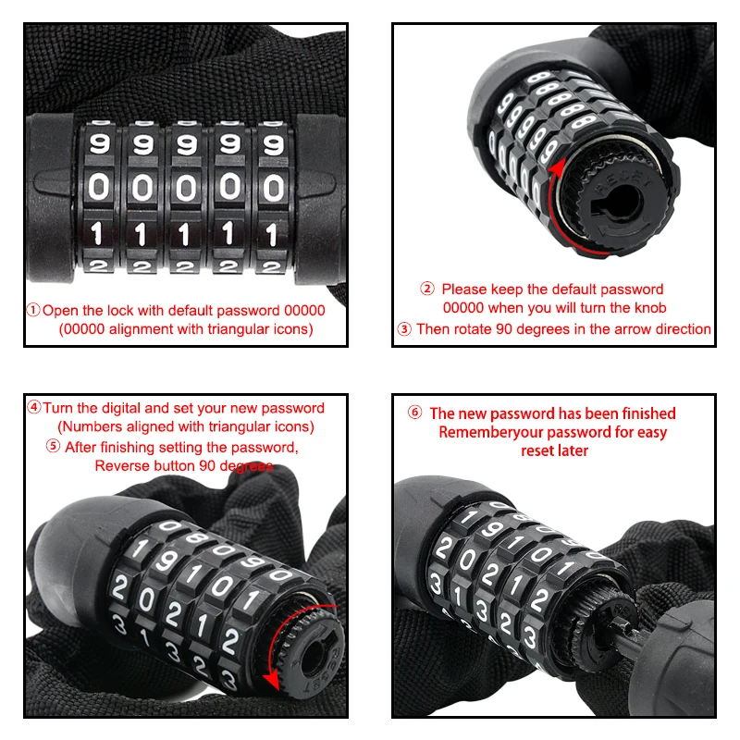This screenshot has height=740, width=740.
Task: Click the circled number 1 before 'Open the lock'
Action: pyautogui.click(x=33, y=311)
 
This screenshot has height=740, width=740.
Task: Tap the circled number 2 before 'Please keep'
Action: pyautogui.click(x=427, y=289)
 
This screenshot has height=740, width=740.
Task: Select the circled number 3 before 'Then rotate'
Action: pyautogui.click(x=404, y=329)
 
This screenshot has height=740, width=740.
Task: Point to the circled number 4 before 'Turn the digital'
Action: pyautogui.click(x=34, y=407)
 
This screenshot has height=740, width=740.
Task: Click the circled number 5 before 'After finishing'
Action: pyautogui.click(x=53, y=446)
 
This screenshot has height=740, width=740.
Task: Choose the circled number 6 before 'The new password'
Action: pyautogui.click(x=414, y=413)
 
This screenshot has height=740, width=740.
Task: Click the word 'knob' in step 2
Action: pyautogui.click(x=650, y=308)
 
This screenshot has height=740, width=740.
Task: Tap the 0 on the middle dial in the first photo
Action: pyautogui.click(x=186, y=188)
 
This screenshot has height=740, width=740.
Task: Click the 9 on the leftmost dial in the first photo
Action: pyautogui.click(x=100, y=143)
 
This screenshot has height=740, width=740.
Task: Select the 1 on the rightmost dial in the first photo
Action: pyautogui.click(x=271, y=235)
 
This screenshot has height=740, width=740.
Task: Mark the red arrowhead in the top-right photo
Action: pyautogui.click(x=558, y=168)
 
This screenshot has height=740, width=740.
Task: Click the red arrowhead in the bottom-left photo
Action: pyautogui.click(x=272, y=681)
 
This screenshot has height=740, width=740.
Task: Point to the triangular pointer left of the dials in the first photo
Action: pyautogui.click(x=55, y=181)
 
